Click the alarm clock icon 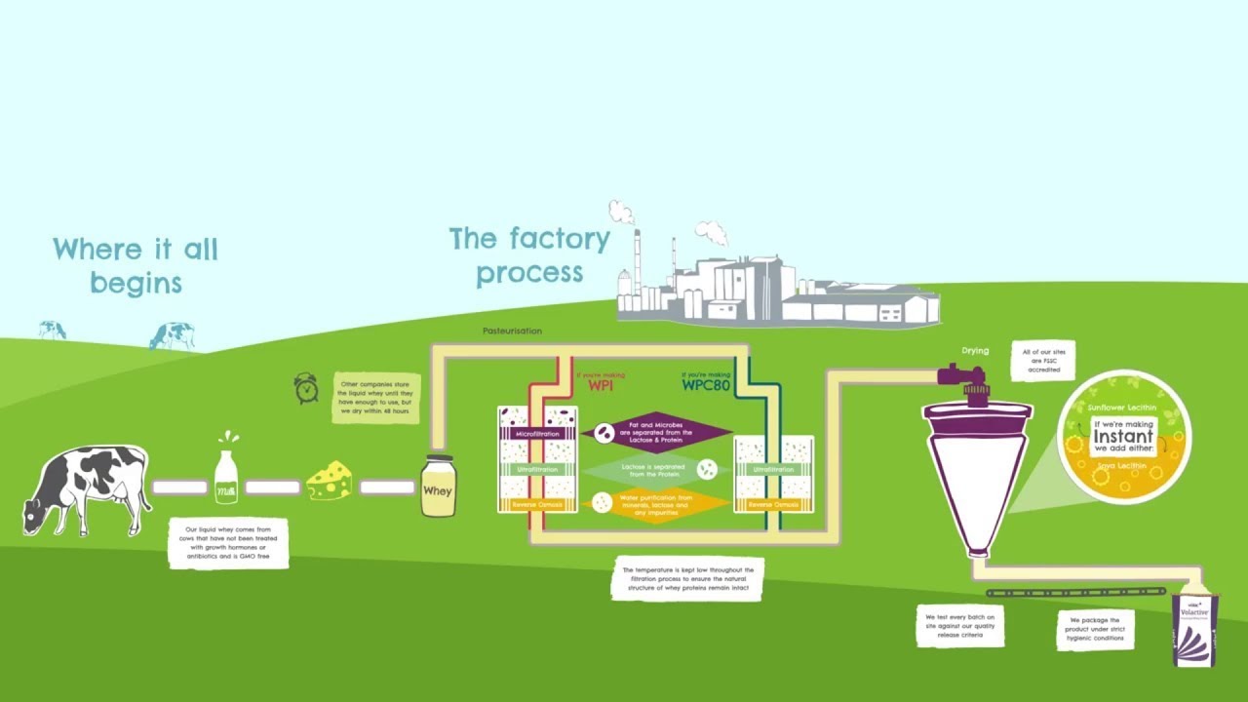click(306, 388)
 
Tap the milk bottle click(226, 478)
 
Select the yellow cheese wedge click(330, 482)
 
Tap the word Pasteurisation click(512, 331)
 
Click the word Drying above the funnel click(975, 351)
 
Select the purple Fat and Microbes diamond click(656, 433)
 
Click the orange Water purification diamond click(656, 504)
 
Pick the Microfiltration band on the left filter click(537, 433)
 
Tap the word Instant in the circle click(1123, 437)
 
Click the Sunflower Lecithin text click(1121, 407)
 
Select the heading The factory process click(529, 255)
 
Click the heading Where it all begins click(136, 265)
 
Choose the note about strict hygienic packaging click(1094, 629)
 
